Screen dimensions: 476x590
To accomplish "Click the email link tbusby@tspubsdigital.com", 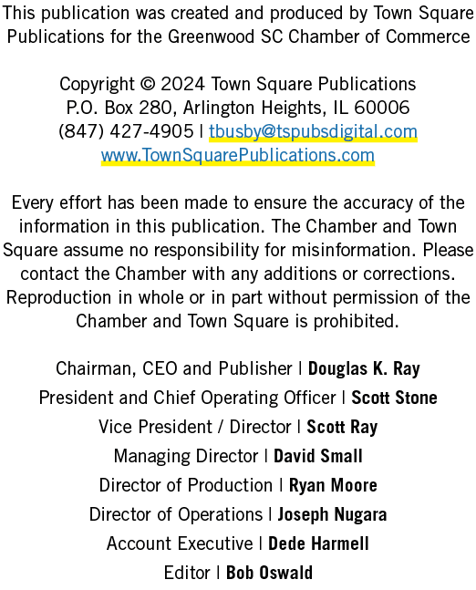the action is [x=313, y=131].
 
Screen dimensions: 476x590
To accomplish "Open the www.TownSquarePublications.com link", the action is [x=238, y=155].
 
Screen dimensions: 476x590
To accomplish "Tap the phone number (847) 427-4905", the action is [x=126, y=131].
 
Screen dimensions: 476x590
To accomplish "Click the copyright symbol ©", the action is [x=147, y=84].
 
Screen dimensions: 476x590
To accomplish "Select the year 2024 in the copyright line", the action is [x=183, y=84].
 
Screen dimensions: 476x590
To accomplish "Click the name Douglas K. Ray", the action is [x=364, y=368].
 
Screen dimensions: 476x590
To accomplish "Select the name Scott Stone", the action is [x=394, y=398].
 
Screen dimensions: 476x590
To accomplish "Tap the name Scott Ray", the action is [x=342, y=427].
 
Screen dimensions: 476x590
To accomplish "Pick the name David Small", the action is [x=318, y=456].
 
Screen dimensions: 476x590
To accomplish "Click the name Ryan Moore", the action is [x=333, y=485].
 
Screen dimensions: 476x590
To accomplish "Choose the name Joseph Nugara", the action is [x=332, y=514].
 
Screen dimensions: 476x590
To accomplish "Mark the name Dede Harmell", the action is [x=318, y=543].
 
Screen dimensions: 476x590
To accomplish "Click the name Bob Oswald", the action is [x=269, y=573].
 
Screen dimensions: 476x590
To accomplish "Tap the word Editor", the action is [x=187, y=573].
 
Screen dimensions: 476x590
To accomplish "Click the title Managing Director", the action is [x=186, y=457].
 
